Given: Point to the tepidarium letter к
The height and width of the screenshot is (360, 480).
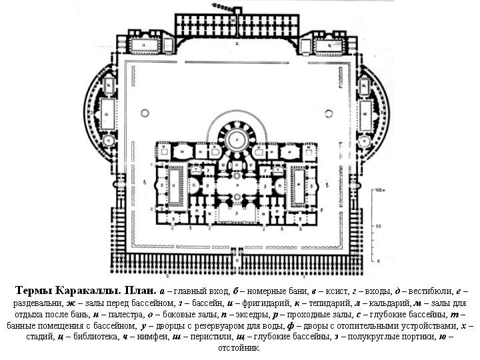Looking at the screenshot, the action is pos(237,164).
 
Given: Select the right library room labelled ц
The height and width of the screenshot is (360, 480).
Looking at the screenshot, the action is pos(329,45).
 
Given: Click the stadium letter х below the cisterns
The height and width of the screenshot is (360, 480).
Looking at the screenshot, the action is pos(237,43).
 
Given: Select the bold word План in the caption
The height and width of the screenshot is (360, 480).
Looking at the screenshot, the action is pos(139,291).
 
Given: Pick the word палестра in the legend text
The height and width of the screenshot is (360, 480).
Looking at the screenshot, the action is pos(130,314).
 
